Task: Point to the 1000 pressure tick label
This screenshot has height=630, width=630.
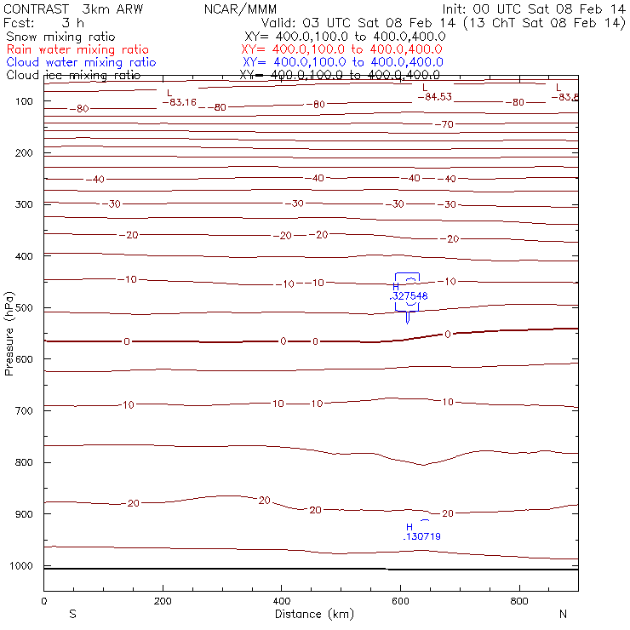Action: pyautogui.click(x=23, y=565)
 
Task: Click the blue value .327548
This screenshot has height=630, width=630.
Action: pyautogui.click(x=409, y=295)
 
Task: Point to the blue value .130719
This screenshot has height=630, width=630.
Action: pyautogui.click(x=421, y=536)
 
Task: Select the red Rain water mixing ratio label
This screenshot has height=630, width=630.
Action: pyautogui.click(x=77, y=50)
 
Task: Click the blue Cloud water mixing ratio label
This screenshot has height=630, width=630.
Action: pyautogui.click(x=81, y=62)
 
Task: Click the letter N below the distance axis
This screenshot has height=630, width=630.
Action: pyautogui.click(x=562, y=614)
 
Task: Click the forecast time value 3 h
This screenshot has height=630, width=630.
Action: pyautogui.click(x=72, y=23)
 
